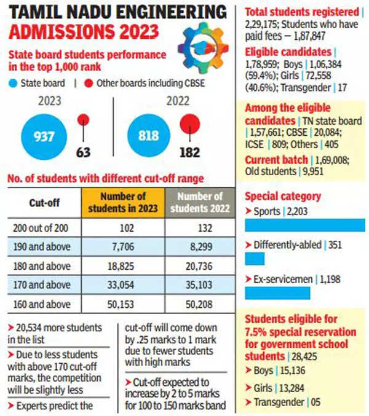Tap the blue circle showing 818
149,135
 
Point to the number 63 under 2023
84,152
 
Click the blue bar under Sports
304,226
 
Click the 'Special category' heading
283,197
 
